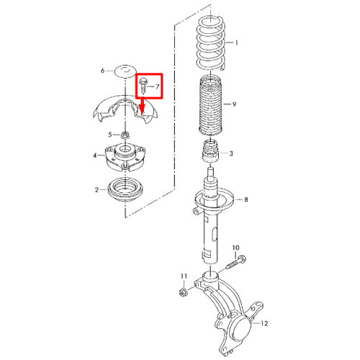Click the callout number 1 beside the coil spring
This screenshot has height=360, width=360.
tap(236, 42)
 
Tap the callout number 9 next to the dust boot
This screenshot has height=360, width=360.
tap(234, 104)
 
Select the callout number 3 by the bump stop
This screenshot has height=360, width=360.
tap(231, 153)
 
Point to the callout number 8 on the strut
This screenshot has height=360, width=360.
tap(246, 199)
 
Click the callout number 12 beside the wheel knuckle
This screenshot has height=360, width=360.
tap(264, 323)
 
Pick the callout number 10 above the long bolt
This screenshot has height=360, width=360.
tap(236, 248)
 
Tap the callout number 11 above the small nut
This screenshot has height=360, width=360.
tap(184, 276)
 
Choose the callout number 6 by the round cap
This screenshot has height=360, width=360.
tap(103, 71)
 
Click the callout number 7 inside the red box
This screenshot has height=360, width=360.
tap(157, 86)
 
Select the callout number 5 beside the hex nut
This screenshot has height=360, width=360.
tap(110, 135)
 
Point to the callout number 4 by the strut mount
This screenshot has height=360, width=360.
tap(95, 156)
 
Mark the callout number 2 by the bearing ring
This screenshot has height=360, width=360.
tap(96, 190)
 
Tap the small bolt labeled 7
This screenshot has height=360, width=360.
tap(143, 86)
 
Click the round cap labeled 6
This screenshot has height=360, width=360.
tap(125, 71)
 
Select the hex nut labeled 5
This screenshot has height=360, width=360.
tap(125, 135)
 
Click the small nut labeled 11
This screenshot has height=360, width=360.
tap(183, 292)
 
